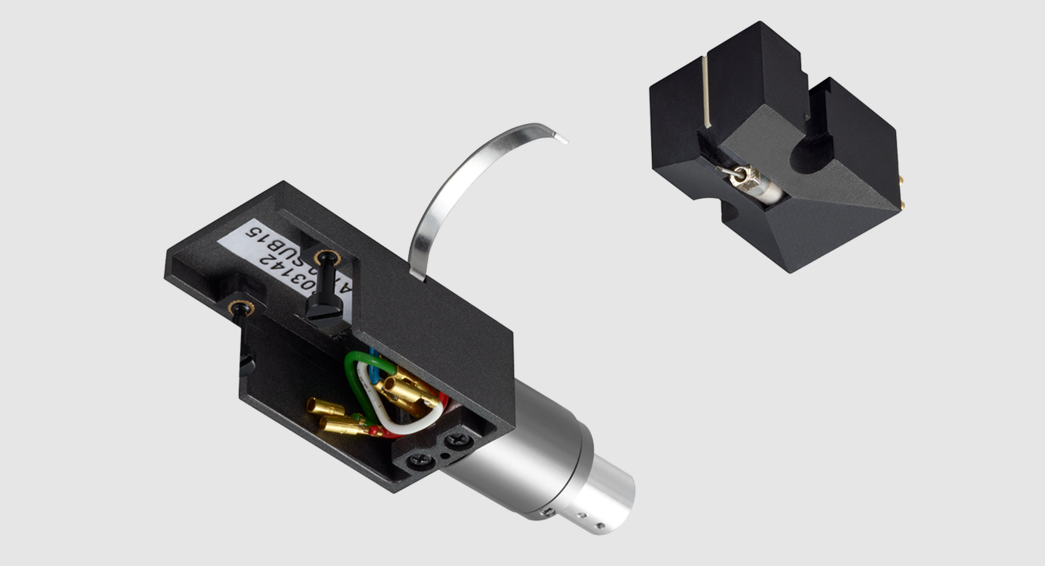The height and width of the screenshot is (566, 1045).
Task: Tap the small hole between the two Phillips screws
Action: (x=445, y=455)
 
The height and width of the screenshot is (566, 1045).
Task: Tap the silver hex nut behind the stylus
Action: (x=745, y=177)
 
